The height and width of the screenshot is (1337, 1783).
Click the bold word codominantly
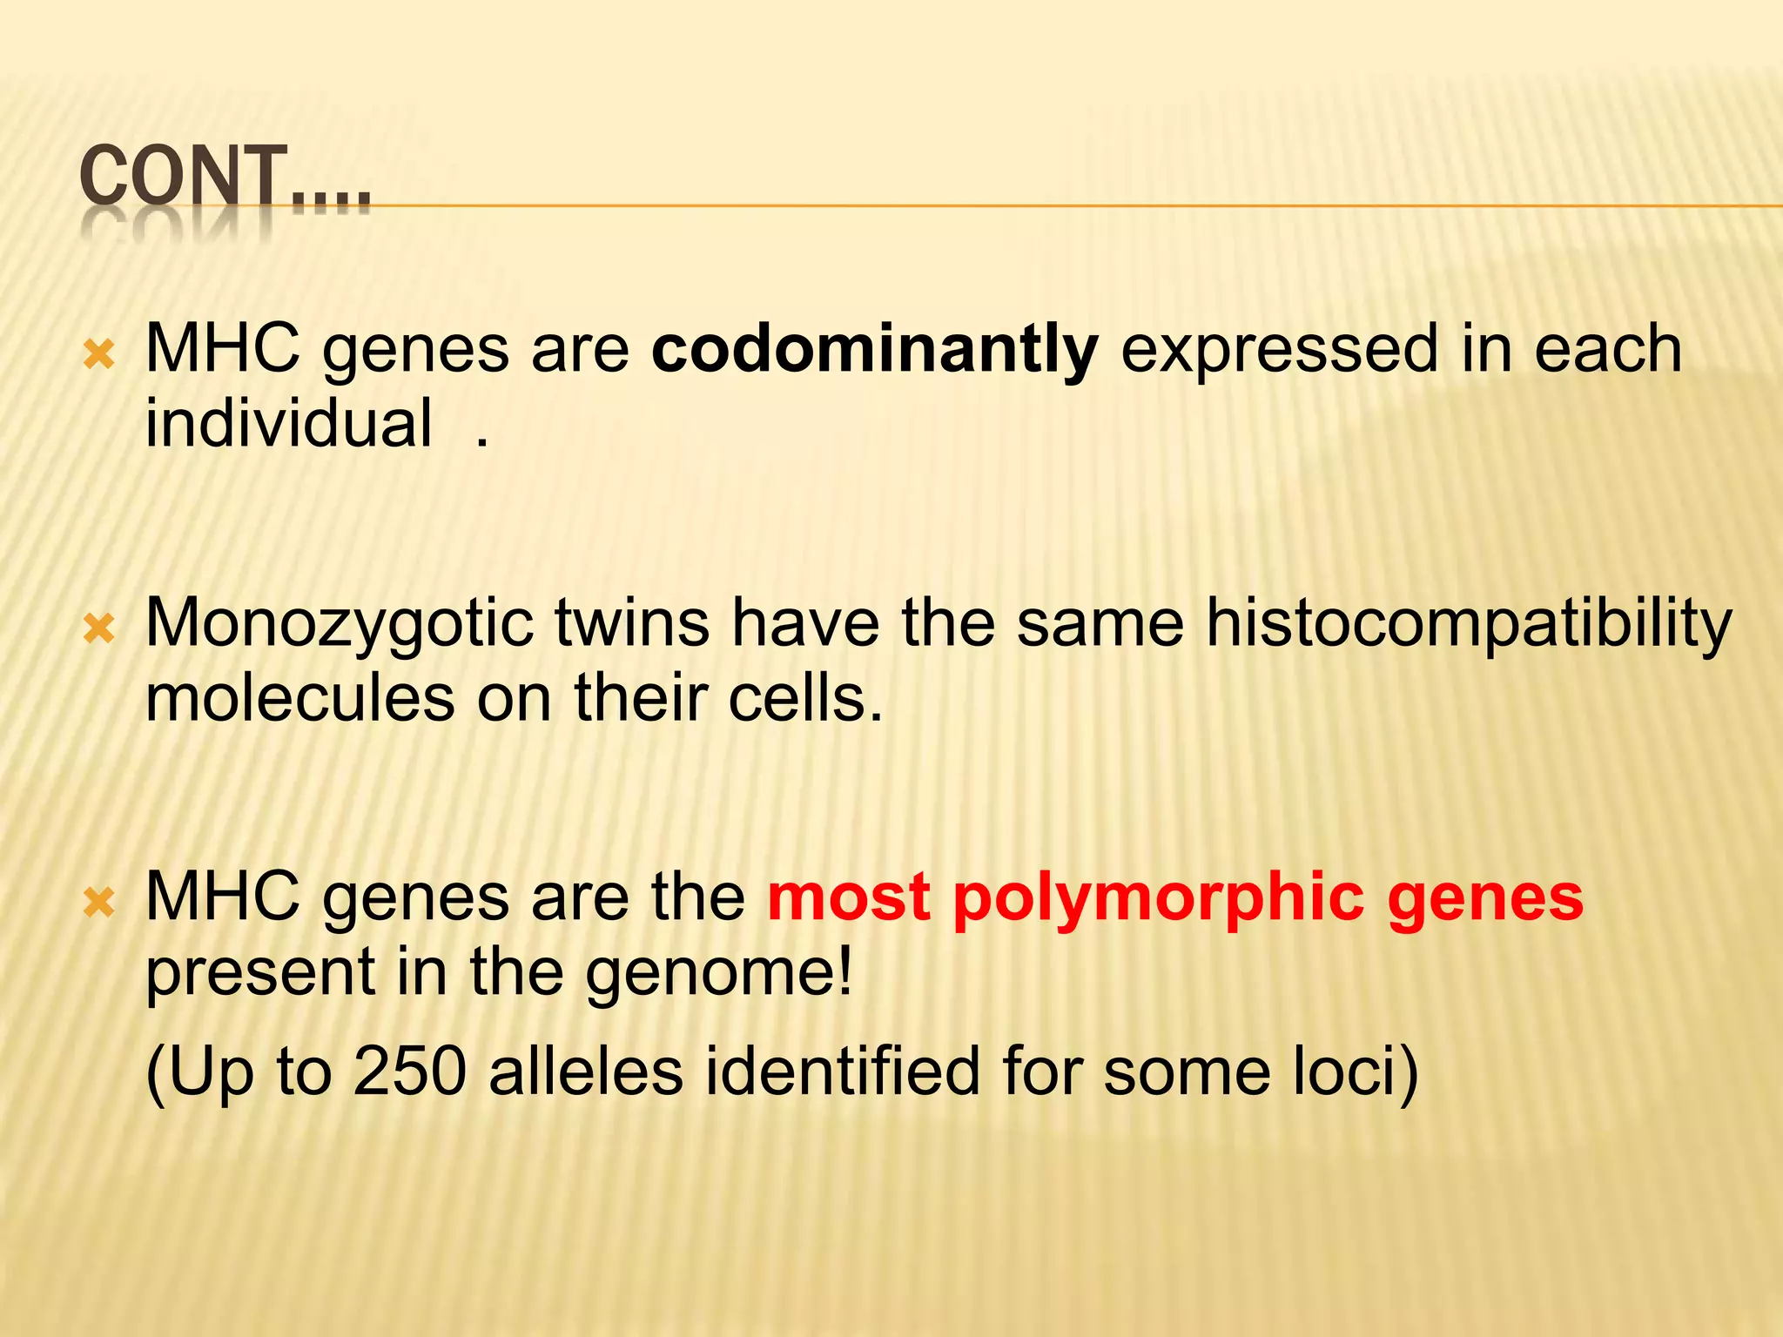pyautogui.click(x=874, y=350)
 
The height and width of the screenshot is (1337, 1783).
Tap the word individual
pyautogui.click(x=288, y=424)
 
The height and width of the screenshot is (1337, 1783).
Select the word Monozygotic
pyautogui.click(x=339, y=624)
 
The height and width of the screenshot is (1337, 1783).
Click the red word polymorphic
pyautogui.click(x=1158, y=898)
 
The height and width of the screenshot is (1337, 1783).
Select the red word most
pyautogui.click(x=848, y=898)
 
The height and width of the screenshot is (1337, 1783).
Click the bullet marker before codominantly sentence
pyautogui.click(x=99, y=355)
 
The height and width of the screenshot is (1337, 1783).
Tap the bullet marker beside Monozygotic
pyautogui.click(x=99, y=629)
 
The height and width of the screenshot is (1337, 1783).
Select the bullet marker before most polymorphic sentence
pyautogui.click(x=99, y=904)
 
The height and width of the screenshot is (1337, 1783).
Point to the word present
pyautogui.click(x=259, y=973)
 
